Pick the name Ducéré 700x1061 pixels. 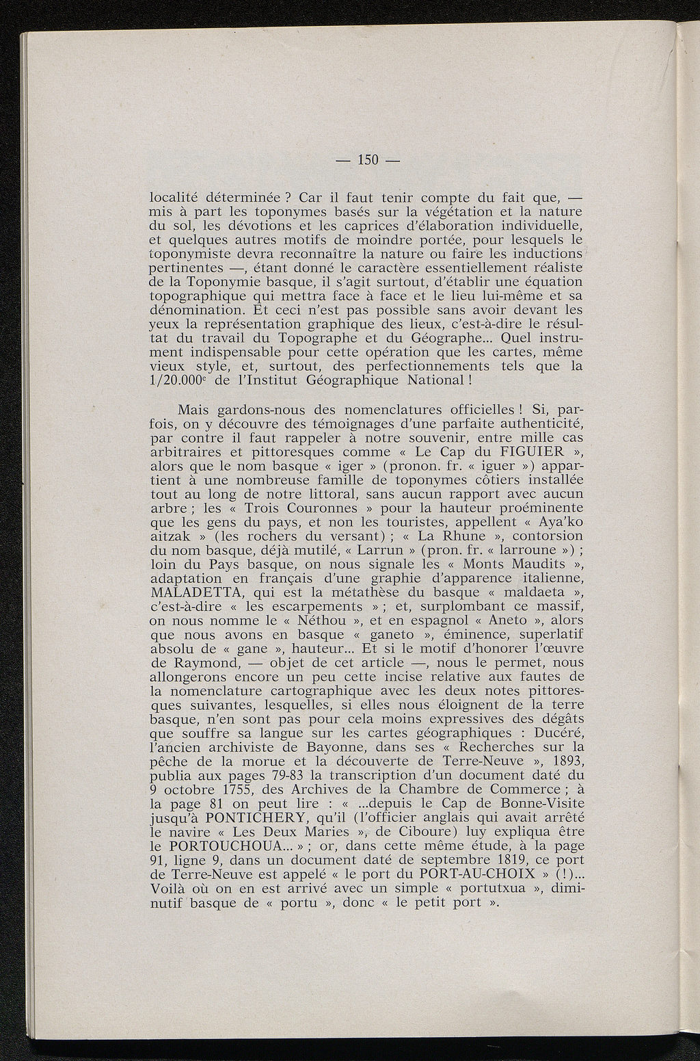560,733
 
